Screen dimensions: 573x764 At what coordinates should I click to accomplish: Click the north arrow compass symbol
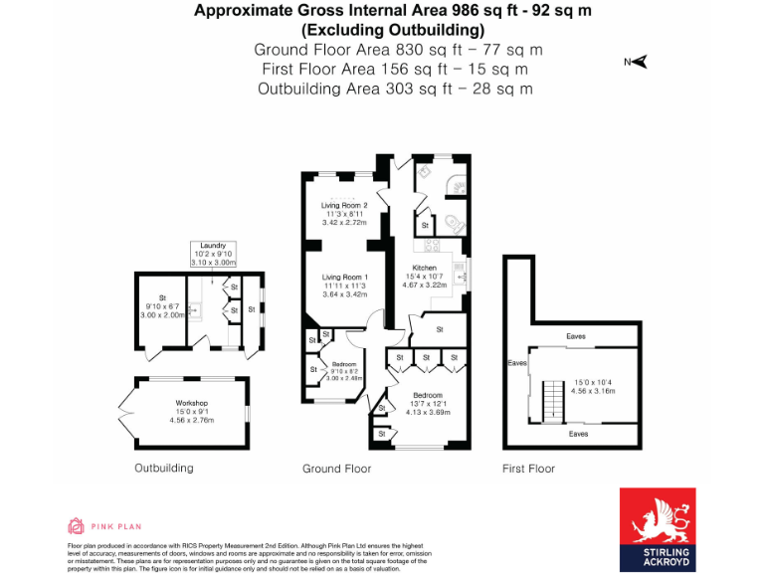637,62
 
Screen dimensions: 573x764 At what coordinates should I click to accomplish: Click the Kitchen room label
425,269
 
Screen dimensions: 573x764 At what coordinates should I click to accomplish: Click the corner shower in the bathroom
458,185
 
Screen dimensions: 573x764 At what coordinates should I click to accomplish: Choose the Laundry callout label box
213,250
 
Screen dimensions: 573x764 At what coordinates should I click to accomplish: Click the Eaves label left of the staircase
517,363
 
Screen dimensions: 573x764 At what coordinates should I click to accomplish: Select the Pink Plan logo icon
76,525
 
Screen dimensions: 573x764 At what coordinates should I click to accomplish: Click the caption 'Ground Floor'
336,469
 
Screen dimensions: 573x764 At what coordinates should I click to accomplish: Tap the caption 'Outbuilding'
164,468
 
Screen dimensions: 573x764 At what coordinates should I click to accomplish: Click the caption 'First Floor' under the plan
529,469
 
